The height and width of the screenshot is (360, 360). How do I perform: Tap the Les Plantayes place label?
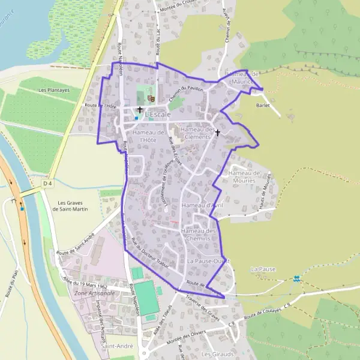pos(54,90)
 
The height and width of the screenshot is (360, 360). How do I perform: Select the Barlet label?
pos(263,105)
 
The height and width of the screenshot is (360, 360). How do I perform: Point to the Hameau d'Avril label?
pos(202,205)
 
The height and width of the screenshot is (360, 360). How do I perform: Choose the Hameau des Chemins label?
pos(198,235)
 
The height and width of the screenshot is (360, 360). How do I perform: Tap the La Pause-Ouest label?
pos(208,262)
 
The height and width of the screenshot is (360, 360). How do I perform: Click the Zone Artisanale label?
pos(90,293)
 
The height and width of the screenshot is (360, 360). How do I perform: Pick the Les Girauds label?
pos(217,354)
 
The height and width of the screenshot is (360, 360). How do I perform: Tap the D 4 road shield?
pos(48,182)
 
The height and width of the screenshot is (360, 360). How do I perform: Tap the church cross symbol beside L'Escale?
pos(140,110)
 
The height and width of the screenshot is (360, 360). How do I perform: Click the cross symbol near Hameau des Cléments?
pos(217,132)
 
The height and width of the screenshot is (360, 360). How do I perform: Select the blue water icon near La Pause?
pos(296,278)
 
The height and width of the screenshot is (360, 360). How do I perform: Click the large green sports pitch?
pos(146,297)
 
